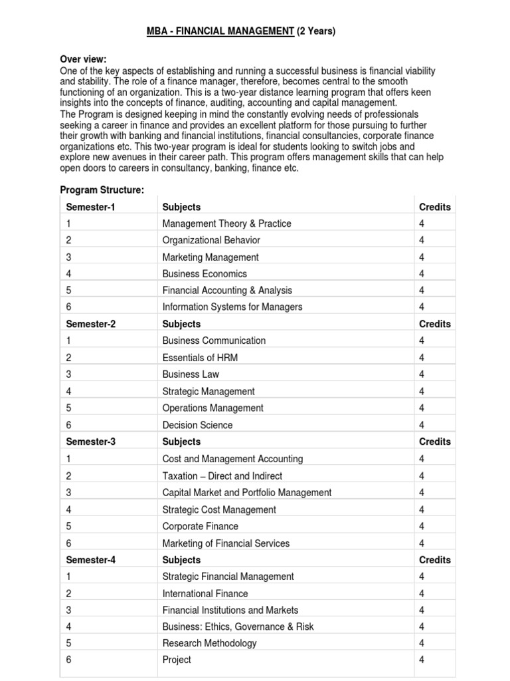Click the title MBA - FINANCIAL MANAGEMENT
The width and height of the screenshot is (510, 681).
point(220,32)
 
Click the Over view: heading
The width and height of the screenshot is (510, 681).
point(83,59)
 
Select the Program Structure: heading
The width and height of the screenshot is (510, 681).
point(102,190)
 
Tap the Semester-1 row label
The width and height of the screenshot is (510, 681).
point(90,207)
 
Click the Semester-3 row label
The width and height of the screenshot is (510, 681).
point(90,442)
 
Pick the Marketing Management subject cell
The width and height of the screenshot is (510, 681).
point(211,257)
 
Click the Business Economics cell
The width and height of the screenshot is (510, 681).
point(205,274)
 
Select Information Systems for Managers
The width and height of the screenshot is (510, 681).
point(232,307)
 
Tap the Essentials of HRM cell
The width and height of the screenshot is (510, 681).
point(200,358)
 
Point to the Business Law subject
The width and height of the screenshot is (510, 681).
point(191,374)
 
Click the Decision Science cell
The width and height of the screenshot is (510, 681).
point(197,425)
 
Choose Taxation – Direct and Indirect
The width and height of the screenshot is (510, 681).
point(222,476)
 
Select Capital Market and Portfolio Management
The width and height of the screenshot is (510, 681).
point(246,493)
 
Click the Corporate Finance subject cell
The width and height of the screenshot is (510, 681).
point(201,526)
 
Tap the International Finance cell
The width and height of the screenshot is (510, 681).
point(205,593)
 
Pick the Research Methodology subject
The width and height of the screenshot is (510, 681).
point(209,643)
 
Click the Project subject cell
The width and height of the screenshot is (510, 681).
point(177,660)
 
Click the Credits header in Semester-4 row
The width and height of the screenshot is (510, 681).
point(434,560)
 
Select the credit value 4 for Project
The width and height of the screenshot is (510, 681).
point(422,660)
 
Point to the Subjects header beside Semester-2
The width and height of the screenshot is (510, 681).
point(181,324)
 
